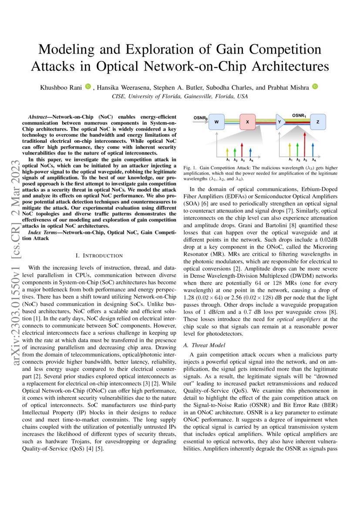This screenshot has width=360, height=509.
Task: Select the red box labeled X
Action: pyautogui.click(x=247, y=122)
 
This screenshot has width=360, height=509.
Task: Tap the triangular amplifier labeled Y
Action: pyautogui.click(x=280, y=122)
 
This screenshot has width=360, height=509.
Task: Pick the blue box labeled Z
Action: pyautogui.click(x=317, y=122)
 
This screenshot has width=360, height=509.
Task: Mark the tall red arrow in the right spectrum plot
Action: pyautogui.click(x=305, y=144)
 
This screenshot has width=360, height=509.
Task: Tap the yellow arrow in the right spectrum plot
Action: pyautogui.click(x=290, y=148)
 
